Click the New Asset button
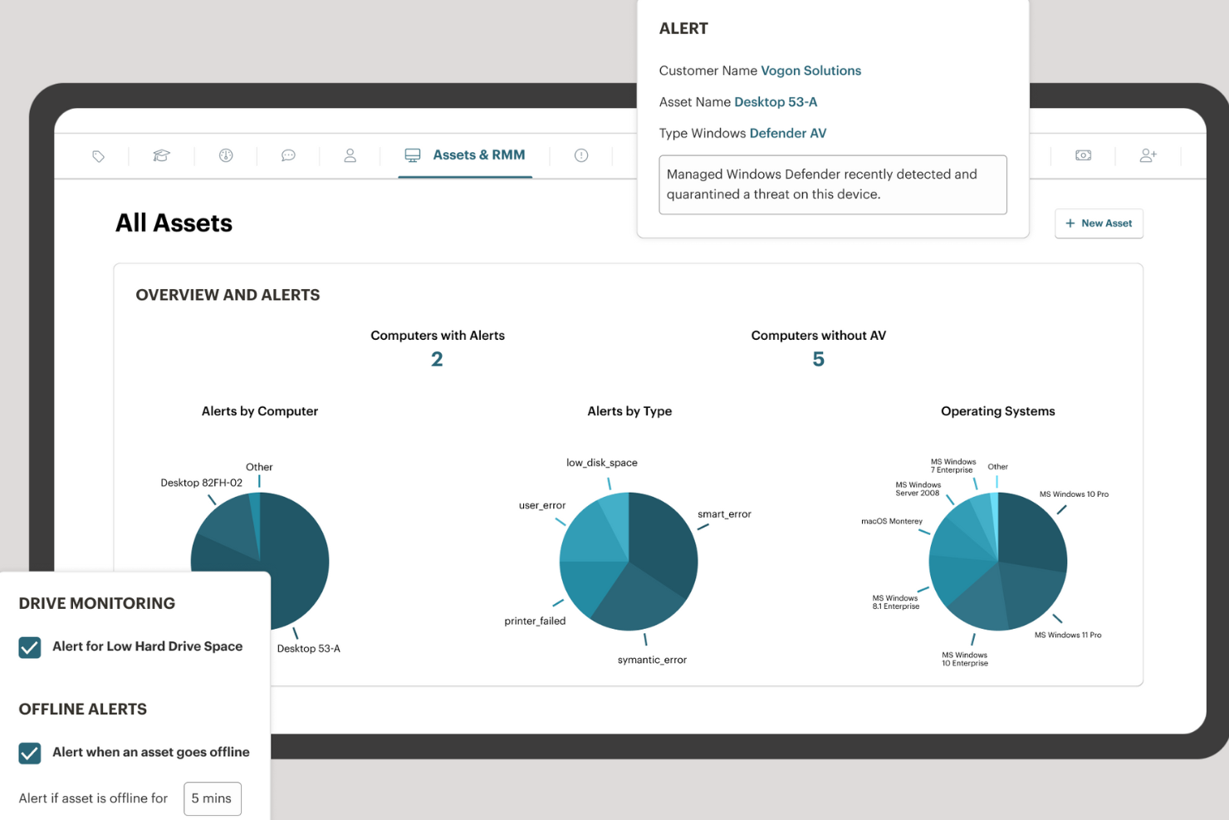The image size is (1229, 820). click(x=1098, y=223)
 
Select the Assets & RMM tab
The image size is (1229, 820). click(x=465, y=155)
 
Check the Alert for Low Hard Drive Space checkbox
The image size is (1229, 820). click(x=30, y=647)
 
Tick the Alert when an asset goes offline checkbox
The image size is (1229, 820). click(x=30, y=753)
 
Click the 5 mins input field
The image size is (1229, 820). click(x=212, y=798)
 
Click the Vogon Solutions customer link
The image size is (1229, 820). click(x=810, y=71)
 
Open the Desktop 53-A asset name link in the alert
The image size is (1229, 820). click(x=776, y=102)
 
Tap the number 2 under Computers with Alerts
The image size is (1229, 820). click(x=437, y=359)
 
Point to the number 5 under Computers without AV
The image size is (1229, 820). click(x=818, y=359)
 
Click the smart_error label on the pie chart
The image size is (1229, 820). click(x=724, y=514)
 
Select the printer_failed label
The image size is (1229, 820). click(x=535, y=621)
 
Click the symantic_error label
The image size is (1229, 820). click(x=652, y=660)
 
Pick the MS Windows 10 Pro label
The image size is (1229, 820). click(x=1074, y=494)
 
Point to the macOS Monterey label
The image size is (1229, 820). click(x=891, y=521)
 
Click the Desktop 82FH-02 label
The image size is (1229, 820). click(x=202, y=483)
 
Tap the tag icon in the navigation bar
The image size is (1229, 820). click(x=99, y=156)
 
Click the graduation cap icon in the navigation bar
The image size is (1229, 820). click(x=161, y=155)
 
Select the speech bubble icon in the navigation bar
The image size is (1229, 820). click(x=288, y=155)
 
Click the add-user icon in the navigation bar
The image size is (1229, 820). click(x=1148, y=155)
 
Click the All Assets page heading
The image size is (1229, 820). click(x=174, y=223)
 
